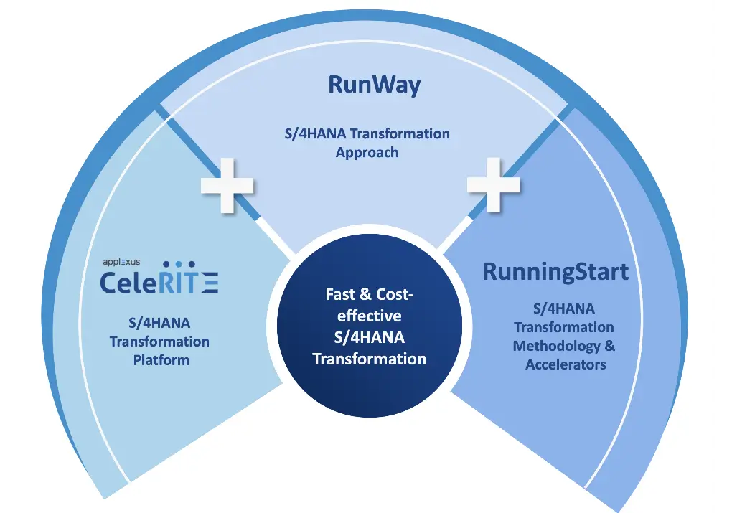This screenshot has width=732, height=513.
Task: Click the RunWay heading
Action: click(x=374, y=85)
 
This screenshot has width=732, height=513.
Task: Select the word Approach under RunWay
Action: click(x=367, y=152)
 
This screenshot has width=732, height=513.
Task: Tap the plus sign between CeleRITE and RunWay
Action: click(x=227, y=184)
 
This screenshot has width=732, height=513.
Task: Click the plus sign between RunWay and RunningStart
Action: click(x=494, y=184)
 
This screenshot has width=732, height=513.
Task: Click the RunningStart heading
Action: click(x=555, y=272)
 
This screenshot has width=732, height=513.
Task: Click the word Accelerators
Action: click(x=566, y=364)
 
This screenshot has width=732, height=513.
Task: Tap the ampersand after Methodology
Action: click(x=609, y=346)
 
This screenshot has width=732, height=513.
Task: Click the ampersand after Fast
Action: click(x=365, y=295)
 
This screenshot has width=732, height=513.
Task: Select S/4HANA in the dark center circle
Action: click(x=370, y=337)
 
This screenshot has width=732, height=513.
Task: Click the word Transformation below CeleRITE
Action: click(x=159, y=342)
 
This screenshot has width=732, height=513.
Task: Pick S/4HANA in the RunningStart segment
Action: click(x=563, y=309)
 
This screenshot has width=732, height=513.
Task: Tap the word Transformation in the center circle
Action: click(x=370, y=359)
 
